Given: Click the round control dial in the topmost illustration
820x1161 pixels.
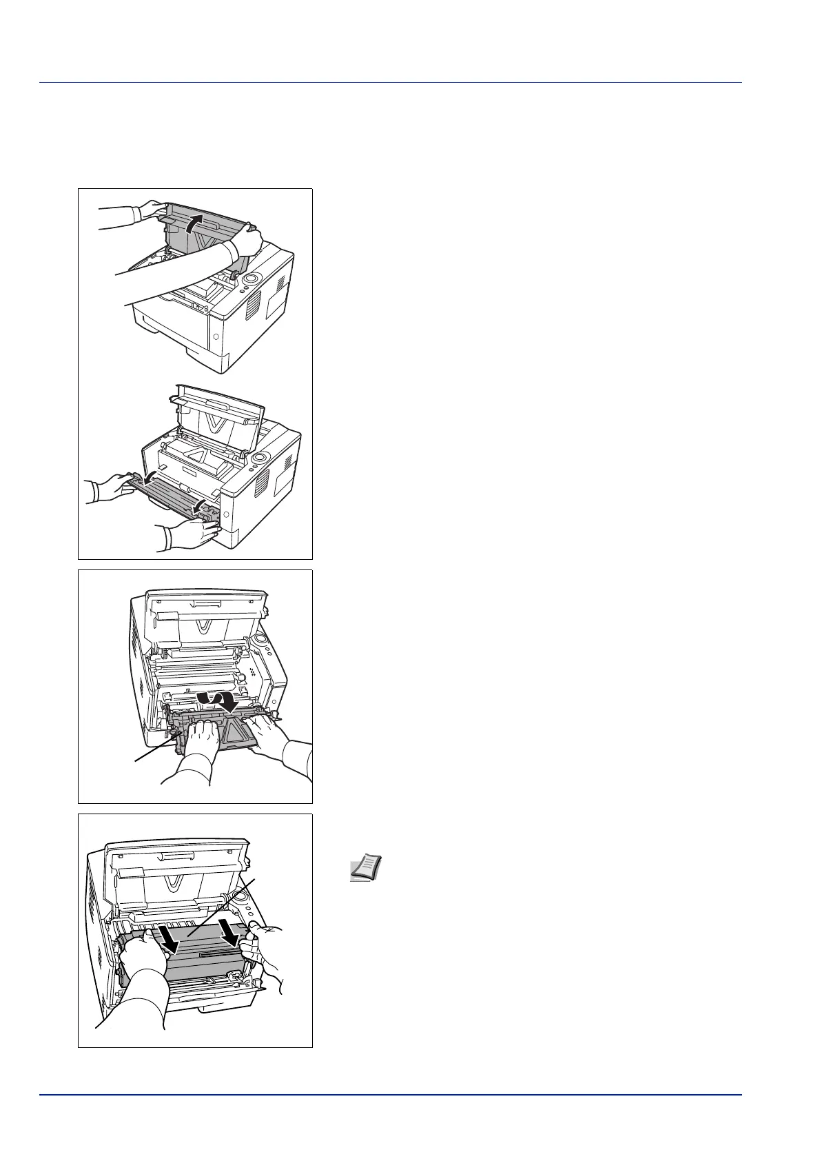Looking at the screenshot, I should tap(252, 279).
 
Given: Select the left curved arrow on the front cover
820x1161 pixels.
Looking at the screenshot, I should tap(147, 478).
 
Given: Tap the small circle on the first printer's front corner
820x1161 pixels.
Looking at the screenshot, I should tap(216, 338).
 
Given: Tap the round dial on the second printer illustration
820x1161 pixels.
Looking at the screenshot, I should tap(260, 458).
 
